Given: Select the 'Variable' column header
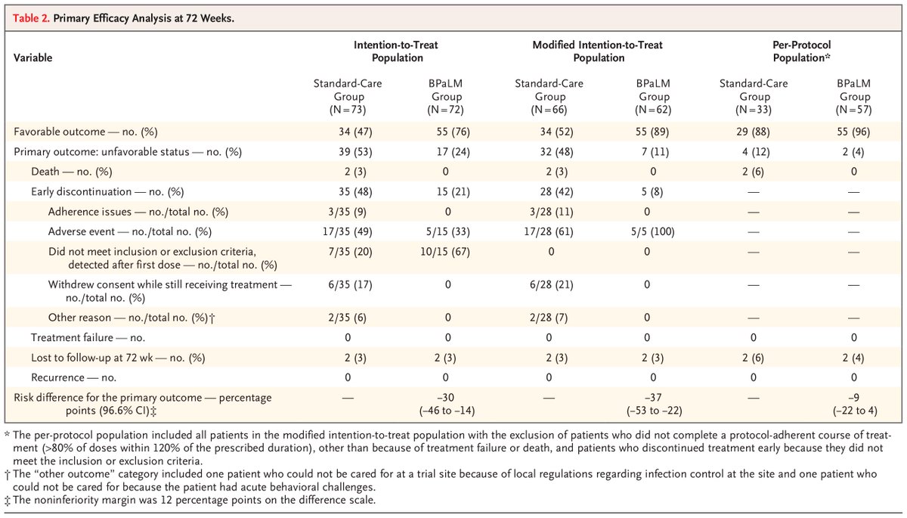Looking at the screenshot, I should (33, 57).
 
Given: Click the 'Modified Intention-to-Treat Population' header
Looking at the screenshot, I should (599, 51).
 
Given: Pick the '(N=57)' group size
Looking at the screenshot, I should (854, 110).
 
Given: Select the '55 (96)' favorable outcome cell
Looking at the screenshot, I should (854, 132).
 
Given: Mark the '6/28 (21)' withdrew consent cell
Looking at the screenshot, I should (543, 284).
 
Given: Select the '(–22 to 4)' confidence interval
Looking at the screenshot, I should (854, 410).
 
